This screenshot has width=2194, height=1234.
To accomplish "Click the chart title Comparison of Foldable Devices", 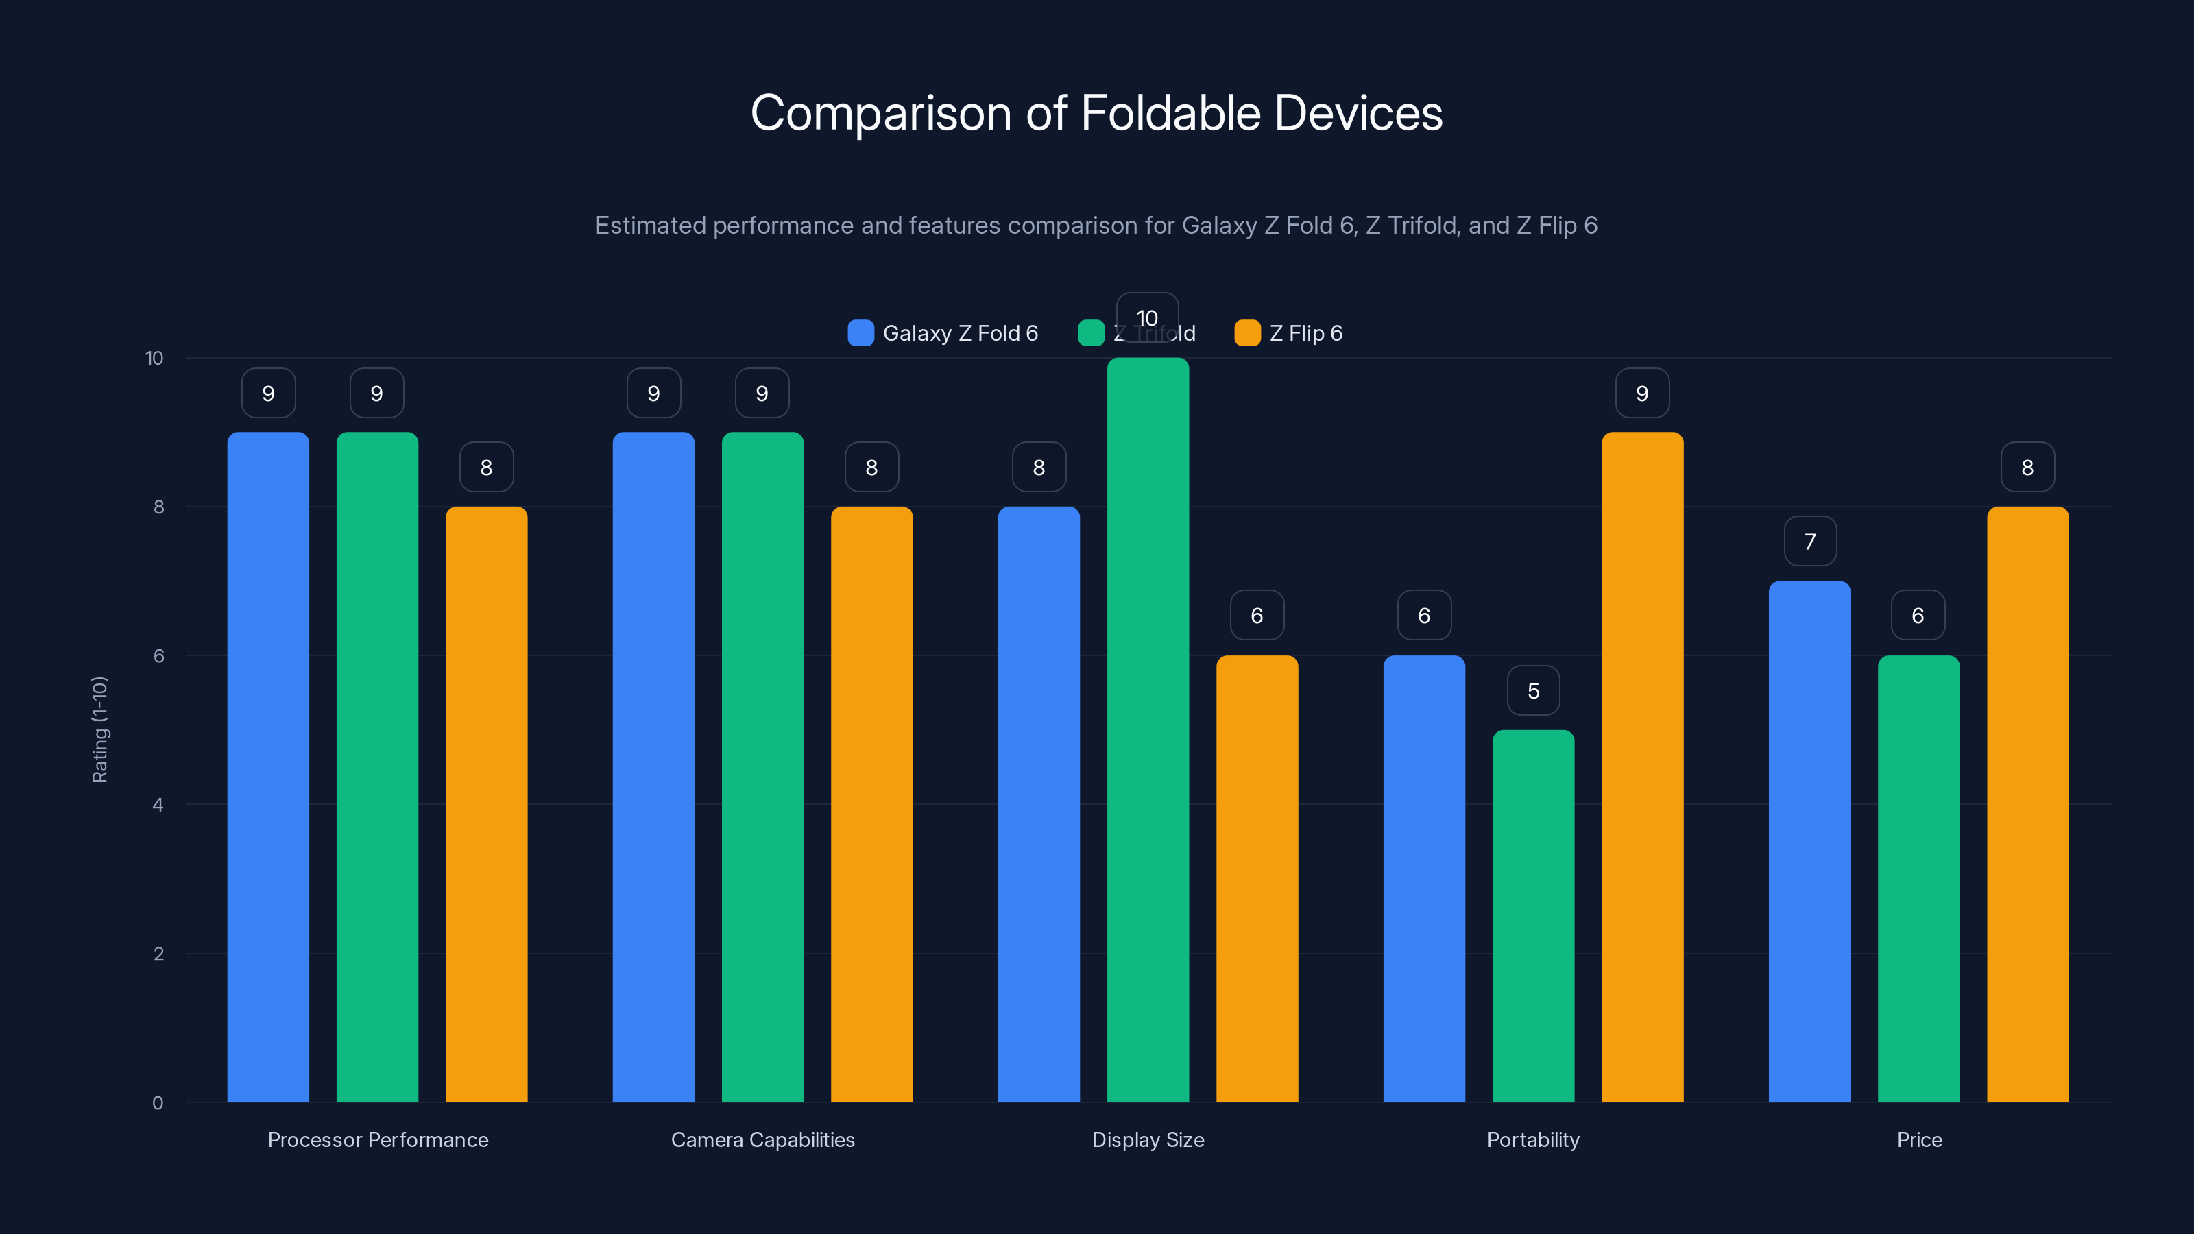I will [x=1096, y=113].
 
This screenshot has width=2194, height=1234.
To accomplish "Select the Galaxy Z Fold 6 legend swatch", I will [x=860, y=333].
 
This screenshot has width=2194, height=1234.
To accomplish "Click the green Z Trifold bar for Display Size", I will [x=1147, y=732].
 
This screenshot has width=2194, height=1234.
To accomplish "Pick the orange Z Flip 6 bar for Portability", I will [x=1641, y=766].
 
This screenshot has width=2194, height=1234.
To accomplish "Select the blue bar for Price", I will [x=1809, y=843].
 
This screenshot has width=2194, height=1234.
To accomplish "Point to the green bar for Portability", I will [x=1532, y=915].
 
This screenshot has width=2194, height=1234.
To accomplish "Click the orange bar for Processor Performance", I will [x=486, y=805].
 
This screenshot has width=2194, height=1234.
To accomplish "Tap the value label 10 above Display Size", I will [x=1146, y=317].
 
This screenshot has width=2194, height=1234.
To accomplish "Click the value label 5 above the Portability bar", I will [x=1533, y=690].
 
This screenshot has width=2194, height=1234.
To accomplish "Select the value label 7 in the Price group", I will [x=1810, y=542].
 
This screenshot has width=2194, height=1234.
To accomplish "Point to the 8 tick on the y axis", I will [x=158, y=507].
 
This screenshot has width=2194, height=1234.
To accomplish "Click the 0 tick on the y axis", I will [x=158, y=1103].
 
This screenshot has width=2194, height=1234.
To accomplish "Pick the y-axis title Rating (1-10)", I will [x=99, y=730].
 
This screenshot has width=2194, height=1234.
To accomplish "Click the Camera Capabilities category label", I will [x=762, y=1139].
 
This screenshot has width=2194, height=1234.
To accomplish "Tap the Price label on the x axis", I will [x=1919, y=1139].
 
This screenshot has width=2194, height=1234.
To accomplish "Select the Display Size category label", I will [x=1147, y=1139].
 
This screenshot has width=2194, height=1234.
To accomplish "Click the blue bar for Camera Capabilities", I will [x=653, y=766].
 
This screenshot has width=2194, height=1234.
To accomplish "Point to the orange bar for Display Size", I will [x=1256, y=878].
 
